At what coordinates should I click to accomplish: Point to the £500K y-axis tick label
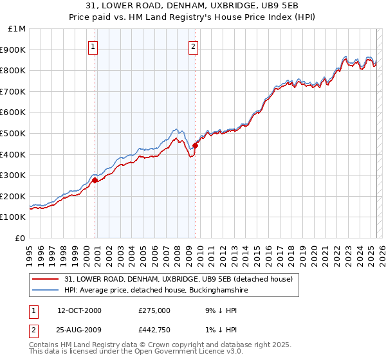14,134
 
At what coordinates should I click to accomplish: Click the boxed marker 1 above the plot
93,46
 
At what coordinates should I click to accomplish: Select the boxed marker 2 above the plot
193,46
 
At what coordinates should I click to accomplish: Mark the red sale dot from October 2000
95,181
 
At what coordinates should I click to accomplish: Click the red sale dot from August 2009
195,145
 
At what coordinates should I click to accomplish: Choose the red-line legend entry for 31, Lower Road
178,279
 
